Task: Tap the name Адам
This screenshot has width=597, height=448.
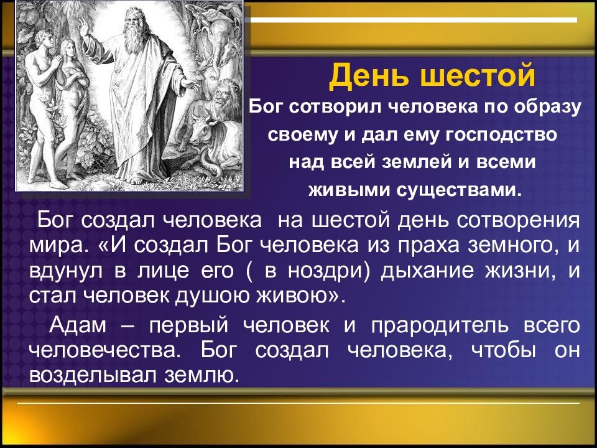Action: (78, 326)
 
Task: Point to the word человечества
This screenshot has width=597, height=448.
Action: (104, 351)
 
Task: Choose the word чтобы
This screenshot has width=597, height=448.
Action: (503, 351)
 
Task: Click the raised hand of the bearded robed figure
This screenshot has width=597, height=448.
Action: (83, 27)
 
